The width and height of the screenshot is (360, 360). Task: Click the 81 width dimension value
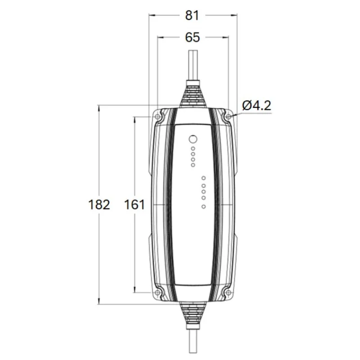[x=192, y=15]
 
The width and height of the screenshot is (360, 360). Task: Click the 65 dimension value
[x=193, y=37]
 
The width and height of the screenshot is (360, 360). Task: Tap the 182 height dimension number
[x=99, y=205]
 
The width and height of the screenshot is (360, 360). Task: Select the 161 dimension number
[x=135, y=205]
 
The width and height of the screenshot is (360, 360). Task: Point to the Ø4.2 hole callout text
[x=256, y=106]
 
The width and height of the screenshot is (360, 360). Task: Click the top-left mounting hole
[x=157, y=117]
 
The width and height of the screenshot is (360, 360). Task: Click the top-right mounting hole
[x=229, y=117]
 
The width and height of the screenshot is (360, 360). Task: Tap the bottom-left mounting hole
[x=157, y=292]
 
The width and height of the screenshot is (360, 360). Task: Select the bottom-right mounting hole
[x=229, y=292]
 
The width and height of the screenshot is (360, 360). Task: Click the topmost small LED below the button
[x=193, y=148]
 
